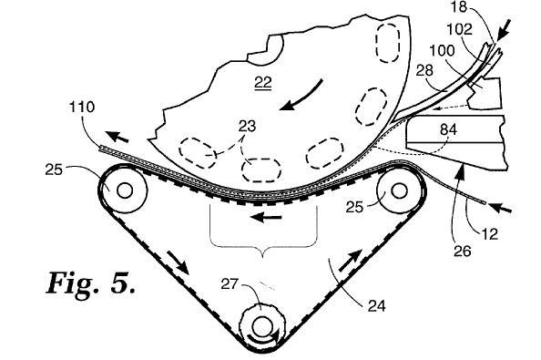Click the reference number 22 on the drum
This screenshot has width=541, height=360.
[x=263, y=83]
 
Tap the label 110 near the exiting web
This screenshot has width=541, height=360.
[x=82, y=107]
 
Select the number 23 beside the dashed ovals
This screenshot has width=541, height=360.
[x=247, y=126]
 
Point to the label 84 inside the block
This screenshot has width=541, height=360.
[x=449, y=129]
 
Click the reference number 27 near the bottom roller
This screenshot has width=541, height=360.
[x=230, y=284]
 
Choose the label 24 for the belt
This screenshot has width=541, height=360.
[x=376, y=306]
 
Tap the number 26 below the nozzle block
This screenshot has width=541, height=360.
[x=463, y=251]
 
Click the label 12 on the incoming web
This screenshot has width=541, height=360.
[x=490, y=235]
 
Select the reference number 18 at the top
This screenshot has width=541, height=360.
[x=459, y=6]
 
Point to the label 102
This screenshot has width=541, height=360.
[x=460, y=30]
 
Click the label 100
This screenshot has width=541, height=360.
[x=442, y=51]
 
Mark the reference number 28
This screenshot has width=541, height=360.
[x=424, y=71]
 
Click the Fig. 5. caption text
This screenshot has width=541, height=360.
[x=91, y=283]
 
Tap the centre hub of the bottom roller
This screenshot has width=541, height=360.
[x=262, y=326]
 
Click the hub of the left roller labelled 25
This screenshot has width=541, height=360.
[x=125, y=190]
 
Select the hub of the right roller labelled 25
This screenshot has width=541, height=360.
[x=399, y=190]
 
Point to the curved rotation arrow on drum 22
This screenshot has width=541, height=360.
[x=301, y=97]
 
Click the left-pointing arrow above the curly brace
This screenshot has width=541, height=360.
[x=266, y=218]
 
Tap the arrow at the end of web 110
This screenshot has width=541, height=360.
[x=117, y=137]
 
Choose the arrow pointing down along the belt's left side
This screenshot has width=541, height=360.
[x=178, y=262]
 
